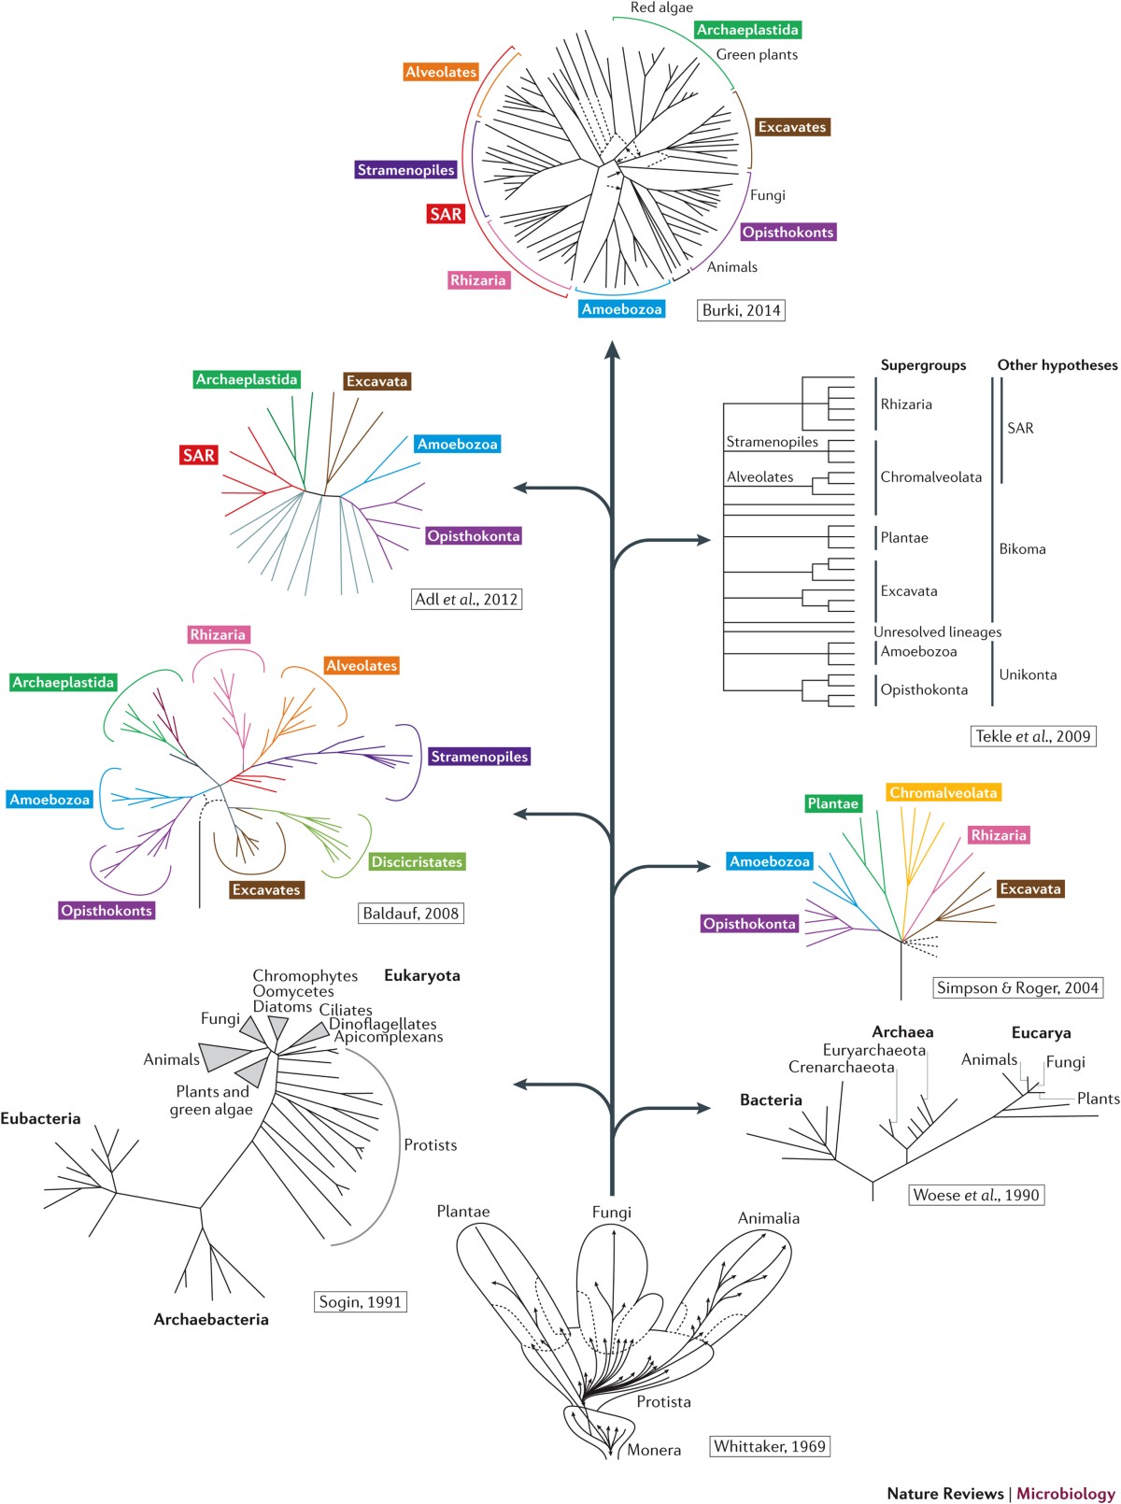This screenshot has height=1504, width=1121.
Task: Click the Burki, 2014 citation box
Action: [x=741, y=310]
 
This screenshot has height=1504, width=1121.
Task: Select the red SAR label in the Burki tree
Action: [x=446, y=214]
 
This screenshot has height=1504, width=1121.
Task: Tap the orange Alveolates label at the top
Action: [x=441, y=72]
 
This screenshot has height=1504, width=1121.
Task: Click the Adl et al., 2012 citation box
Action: [x=466, y=599]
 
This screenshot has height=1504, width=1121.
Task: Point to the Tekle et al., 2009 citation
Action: [x=1033, y=736]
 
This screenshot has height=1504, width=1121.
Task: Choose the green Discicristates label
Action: [x=417, y=861]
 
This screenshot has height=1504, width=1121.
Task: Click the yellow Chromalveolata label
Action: [x=943, y=792]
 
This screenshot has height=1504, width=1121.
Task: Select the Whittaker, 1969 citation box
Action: [x=770, y=1446]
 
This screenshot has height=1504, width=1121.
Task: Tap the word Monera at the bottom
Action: [x=654, y=1450]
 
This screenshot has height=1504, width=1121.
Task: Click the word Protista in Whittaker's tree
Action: [x=663, y=1401]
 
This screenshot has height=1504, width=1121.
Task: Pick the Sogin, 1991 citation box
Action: [x=360, y=1301]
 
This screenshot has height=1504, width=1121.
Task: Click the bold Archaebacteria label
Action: [x=211, y=1319]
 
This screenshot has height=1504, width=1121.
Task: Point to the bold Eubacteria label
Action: [x=40, y=1118]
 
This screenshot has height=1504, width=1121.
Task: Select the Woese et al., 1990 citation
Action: [x=975, y=1195]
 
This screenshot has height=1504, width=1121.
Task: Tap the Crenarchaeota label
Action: [x=841, y=1067]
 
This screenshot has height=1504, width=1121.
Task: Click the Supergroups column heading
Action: [x=923, y=365]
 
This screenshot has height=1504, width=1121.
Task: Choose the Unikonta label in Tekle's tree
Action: [x=1028, y=674]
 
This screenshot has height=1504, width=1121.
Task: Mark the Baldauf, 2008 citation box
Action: [x=410, y=913]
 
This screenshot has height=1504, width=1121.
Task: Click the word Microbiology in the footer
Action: [x=1065, y=1493]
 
